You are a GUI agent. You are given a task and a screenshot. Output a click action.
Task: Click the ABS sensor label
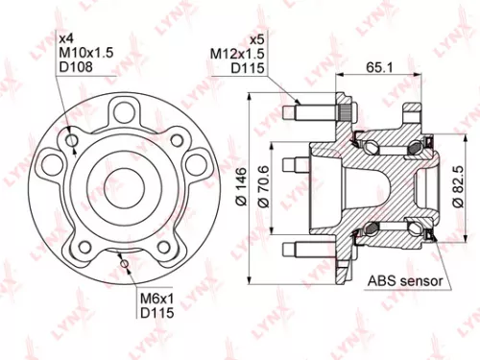coord(404,281)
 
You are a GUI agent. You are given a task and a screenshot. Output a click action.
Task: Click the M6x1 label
coord(155,300)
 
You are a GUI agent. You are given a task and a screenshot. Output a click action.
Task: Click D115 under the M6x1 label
coord(155,314)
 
